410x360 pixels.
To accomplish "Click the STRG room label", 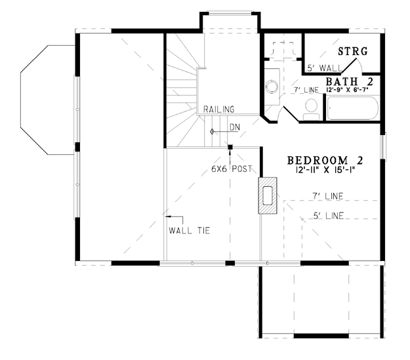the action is tap(353, 51).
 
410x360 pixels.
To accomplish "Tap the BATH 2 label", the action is tap(349, 81).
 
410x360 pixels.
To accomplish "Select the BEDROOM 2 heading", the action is tap(325, 160).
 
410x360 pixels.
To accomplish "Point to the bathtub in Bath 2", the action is tap(352, 108).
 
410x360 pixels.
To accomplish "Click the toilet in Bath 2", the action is tap(311, 110).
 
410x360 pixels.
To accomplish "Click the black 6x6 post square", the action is tap(230, 147).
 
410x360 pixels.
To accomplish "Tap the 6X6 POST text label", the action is tap(232, 169).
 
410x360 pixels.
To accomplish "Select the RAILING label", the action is tap(219, 110).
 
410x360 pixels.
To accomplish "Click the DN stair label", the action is tap(235, 127).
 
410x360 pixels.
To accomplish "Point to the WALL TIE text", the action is tap(190, 231).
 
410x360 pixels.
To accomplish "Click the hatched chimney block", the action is tap(268, 195).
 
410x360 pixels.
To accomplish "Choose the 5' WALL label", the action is tap(324, 68).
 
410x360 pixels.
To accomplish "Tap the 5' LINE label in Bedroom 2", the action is tap(329, 216).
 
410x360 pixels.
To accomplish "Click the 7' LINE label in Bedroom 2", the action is tap(328, 196).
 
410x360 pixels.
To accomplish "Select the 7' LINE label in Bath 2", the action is tap(306, 90).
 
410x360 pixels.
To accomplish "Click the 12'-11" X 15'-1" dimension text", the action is tap(325, 170).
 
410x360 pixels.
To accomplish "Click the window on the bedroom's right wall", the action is tap(383, 146).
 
